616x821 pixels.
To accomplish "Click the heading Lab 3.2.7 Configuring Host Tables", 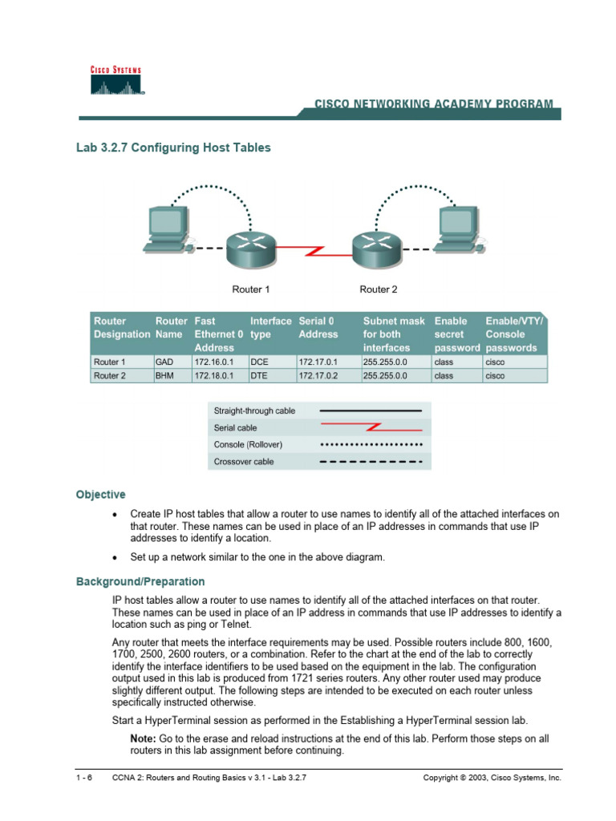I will pyautogui.click(x=173, y=148).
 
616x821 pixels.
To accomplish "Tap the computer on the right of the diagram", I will pyautogui.click(x=458, y=230).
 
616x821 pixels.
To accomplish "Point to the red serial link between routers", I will pyautogui.click(x=313, y=250).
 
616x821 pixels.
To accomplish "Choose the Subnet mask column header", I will pyautogui.click(x=394, y=334).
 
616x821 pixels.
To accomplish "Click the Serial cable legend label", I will pyautogui.click(x=235, y=428).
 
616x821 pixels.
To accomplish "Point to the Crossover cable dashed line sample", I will pyautogui.click(x=371, y=462).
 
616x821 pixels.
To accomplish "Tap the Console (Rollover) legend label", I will pyautogui.click(x=248, y=445).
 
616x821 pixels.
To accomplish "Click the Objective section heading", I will pyautogui.click(x=100, y=495).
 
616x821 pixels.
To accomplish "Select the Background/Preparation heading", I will pyautogui.click(x=140, y=581).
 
